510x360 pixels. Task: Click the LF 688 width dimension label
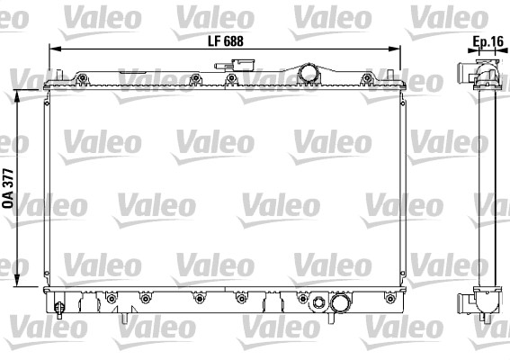coord(225,40)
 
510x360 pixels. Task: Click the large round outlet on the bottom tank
coord(339,306)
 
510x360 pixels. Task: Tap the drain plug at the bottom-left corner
coord(60,309)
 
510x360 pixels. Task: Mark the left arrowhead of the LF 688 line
coord(51,49)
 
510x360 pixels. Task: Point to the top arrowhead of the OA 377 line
coord(21,94)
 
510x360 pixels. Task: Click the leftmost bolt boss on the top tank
coord(83,78)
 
